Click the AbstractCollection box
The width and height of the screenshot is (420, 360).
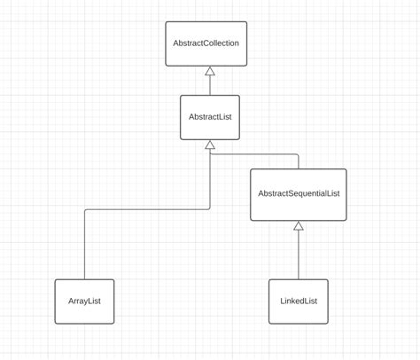[x=206, y=43]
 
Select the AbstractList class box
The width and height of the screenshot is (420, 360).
[x=210, y=117]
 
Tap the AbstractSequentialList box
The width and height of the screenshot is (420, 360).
[x=299, y=195]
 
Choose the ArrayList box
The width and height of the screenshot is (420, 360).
[x=84, y=301]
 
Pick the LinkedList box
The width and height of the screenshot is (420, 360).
[x=299, y=301]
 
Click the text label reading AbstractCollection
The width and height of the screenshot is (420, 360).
[x=206, y=43]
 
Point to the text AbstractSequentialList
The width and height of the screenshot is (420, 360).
[x=299, y=193]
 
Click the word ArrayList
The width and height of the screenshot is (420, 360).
[x=84, y=301]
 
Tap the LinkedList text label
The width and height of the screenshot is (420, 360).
[x=299, y=301]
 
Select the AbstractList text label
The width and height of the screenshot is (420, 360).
[x=210, y=117]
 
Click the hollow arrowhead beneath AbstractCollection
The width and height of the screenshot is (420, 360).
[x=210, y=71]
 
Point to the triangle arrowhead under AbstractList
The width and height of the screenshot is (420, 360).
[x=210, y=145]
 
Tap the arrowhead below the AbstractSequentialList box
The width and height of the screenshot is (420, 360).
[x=299, y=225]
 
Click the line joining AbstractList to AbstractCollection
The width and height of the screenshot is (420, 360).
[x=210, y=85]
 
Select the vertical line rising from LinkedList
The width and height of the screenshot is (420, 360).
[x=299, y=254]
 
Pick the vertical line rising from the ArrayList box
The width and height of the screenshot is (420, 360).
[x=84, y=245]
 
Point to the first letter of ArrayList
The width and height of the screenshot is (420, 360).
[x=71, y=301]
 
